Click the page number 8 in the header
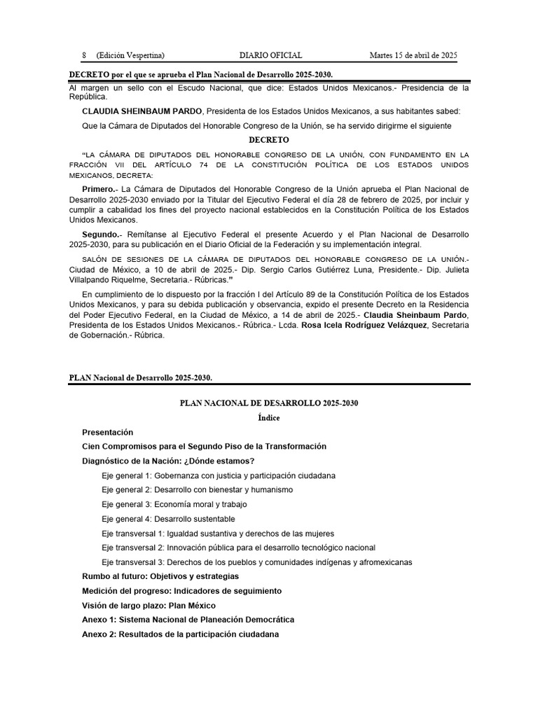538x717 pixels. point(83,55)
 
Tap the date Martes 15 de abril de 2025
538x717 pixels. point(413,55)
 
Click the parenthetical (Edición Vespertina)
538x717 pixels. point(130,55)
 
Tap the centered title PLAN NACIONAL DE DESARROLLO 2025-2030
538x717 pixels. point(269,403)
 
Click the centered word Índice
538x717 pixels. point(269,418)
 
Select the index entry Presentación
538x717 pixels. point(107,433)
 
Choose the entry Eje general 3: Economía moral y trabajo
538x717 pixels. point(174,504)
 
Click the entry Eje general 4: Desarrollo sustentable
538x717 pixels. point(168,519)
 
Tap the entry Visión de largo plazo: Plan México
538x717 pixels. point(149,605)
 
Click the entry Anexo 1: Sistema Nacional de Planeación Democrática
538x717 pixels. point(188,620)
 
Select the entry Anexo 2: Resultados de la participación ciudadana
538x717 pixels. point(180,634)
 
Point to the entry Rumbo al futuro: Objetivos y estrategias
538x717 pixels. point(160,576)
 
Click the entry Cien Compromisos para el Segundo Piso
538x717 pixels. point(204,447)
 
